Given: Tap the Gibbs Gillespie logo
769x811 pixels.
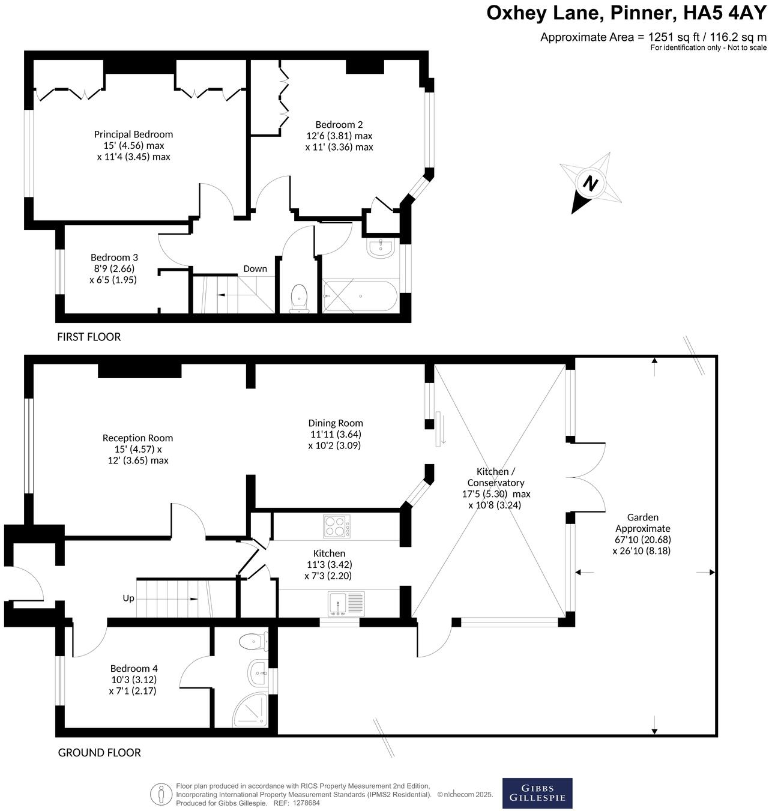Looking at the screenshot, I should click(x=537, y=793).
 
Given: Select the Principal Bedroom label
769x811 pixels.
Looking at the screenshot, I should click(x=133, y=134).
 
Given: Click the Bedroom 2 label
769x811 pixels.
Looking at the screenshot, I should click(x=339, y=125).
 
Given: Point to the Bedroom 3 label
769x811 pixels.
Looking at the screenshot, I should click(x=114, y=258).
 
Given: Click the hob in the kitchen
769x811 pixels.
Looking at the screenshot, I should click(x=337, y=526).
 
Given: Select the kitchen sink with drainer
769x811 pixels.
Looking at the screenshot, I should click(x=346, y=603).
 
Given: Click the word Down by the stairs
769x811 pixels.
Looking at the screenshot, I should click(x=255, y=269).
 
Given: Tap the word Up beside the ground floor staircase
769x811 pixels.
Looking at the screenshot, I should click(x=128, y=598).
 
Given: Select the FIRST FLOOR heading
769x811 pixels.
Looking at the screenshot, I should click(x=89, y=337).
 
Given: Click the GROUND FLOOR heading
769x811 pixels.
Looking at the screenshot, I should click(x=99, y=752).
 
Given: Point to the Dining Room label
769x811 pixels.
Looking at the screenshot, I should click(x=336, y=423).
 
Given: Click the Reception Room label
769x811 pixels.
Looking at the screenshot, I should click(x=137, y=438).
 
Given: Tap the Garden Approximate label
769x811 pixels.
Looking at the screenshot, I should click(x=643, y=523).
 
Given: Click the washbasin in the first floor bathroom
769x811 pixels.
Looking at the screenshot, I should click(x=380, y=248).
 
